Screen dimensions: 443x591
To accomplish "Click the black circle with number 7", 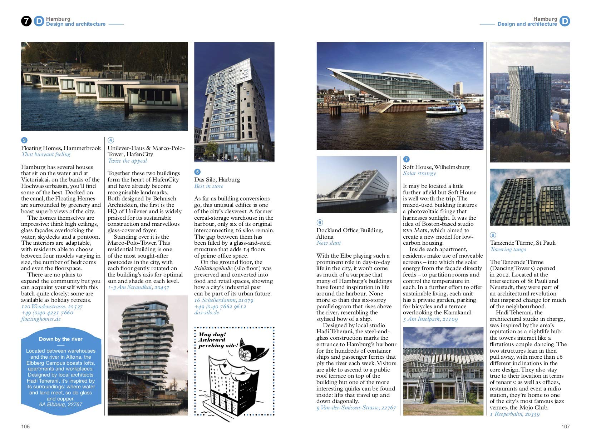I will coord(26,21).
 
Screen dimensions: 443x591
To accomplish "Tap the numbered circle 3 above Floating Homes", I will coord(24,140).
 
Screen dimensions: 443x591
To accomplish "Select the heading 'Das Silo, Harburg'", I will coord(217,179).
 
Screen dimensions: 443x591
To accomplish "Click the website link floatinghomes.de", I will coord(41,319).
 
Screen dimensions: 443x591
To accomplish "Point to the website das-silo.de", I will coord(207,313).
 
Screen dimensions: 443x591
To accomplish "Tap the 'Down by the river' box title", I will coord(61,339).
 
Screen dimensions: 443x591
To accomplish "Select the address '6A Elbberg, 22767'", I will coord(61,404).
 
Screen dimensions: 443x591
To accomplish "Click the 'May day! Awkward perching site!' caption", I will coord(218,340).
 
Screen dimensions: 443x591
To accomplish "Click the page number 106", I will coord(25,427).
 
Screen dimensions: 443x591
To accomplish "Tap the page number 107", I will coord(565,427).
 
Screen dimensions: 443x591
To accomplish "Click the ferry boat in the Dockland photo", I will coord(446,109).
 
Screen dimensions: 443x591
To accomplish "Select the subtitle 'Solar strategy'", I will coord(419,173).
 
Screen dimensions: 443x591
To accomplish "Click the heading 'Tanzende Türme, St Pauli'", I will coord(522,243).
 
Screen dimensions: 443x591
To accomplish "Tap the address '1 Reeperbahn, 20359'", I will coord(514,414).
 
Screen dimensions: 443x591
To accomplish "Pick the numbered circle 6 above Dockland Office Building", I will coord(320,223).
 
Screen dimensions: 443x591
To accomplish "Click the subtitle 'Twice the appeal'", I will coord(127,161).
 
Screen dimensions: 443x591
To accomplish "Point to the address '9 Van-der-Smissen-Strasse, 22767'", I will coord(356,408).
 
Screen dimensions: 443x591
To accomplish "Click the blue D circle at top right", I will coord(565,21).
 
